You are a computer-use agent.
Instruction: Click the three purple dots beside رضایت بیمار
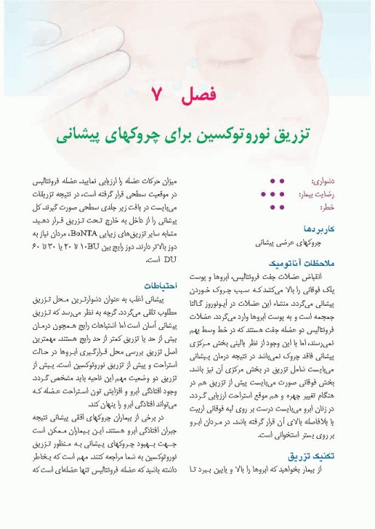pyautogui.click(x=272, y=194)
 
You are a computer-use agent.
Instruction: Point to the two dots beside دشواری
pyautogui.click(x=276, y=181)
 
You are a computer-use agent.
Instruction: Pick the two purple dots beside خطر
pyautogui.click(x=276, y=207)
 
